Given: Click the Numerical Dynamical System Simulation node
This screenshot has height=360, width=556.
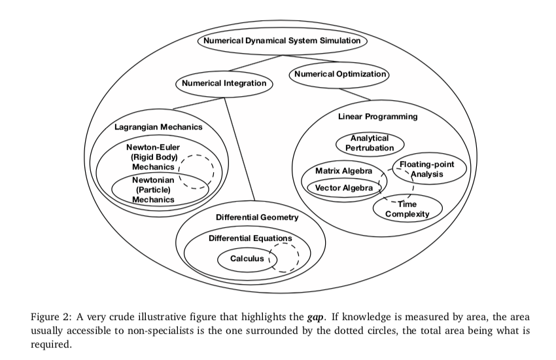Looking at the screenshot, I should pyautogui.click(x=282, y=41).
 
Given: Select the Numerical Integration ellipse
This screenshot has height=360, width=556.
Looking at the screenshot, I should pyautogui.click(x=224, y=84).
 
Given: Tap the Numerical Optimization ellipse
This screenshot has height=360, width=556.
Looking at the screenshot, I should pyautogui.click(x=340, y=75).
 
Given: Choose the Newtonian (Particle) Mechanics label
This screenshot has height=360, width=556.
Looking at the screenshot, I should pyautogui.click(x=153, y=189).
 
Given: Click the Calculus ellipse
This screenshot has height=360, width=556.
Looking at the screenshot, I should pyautogui.click(x=247, y=259).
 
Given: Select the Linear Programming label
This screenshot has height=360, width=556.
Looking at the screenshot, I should pyautogui.click(x=377, y=117).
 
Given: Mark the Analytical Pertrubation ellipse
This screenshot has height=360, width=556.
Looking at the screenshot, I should pyautogui.click(x=370, y=143).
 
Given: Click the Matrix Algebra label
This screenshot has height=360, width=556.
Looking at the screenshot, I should pyautogui.click(x=339, y=171).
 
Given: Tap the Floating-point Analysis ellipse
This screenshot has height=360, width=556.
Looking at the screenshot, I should pyautogui.click(x=427, y=169).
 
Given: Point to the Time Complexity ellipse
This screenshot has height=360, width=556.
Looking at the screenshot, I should pyautogui.click(x=408, y=209).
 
